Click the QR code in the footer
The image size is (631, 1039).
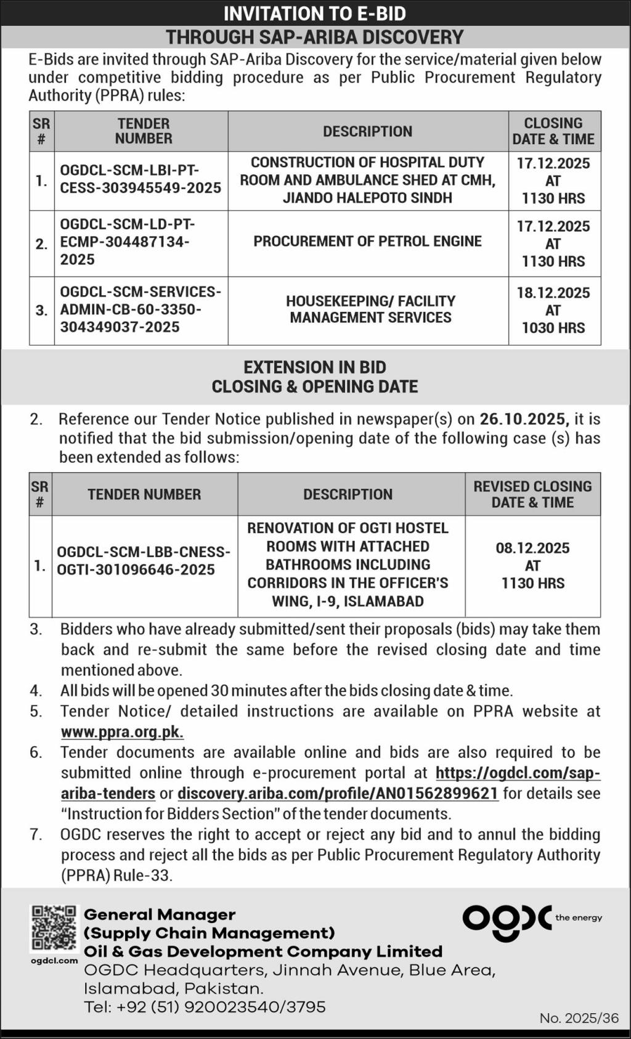(x=54, y=927)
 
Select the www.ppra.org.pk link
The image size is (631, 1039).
(x=122, y=732)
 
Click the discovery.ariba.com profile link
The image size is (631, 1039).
(x=338, y=793)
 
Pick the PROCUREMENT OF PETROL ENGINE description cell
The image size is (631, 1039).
(x=367, y=242)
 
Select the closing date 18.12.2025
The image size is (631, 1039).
(x=553, y=293)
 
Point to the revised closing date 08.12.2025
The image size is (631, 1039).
(x=532, y=548)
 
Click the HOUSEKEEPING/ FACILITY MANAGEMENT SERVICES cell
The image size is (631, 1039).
(x=370, y=309)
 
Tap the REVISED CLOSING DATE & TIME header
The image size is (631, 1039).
(x=532, y=494)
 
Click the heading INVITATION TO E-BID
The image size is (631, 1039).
(x=315, y=14)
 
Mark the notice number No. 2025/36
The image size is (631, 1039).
(x=579, y=1018)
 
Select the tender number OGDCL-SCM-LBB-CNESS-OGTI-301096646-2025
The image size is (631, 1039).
(x=144, y=561)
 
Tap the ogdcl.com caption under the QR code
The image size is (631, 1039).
(x=54, y=960)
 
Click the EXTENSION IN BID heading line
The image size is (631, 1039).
(x=315, y=367)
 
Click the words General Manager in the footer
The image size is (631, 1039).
(x=160, y=915)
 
